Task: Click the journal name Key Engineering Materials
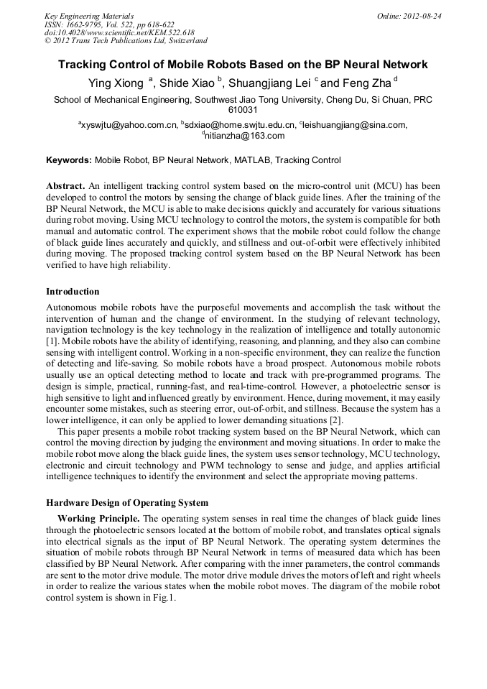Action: coord(88,15)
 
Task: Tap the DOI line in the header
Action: coord(119,32)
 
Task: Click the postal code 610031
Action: coord(243,111)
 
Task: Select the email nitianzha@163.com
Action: coord(245,135)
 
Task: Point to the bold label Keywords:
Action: coord(69,160)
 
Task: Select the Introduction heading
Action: coord(73,292)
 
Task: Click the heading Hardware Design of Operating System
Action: coord(126,502)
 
